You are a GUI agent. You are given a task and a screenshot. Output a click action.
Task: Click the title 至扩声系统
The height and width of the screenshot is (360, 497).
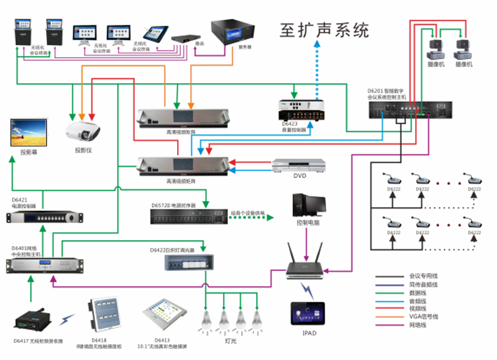coord(324,29)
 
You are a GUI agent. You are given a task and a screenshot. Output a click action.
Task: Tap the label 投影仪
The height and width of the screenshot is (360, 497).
coord(83,151)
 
